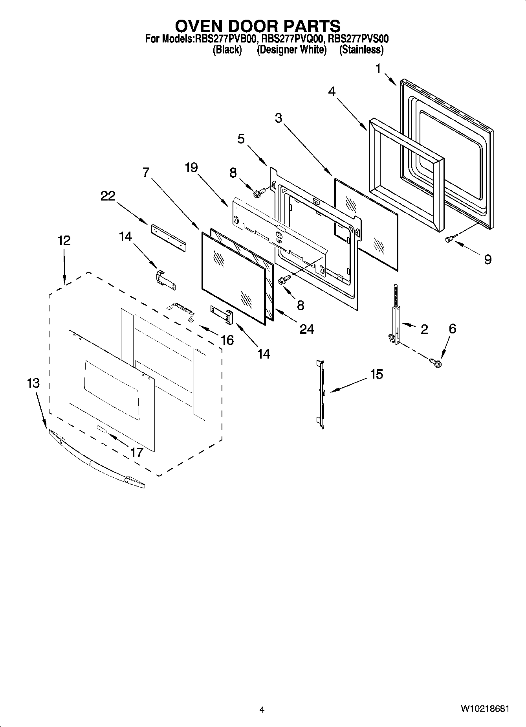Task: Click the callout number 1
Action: pos(378,69)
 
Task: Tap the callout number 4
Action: pos(332,92)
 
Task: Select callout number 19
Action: pos(191,168)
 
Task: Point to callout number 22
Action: pos(108,196)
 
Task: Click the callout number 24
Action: pos(307,329)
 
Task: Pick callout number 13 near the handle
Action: pos(34,383)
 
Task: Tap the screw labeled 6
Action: pos(436,361)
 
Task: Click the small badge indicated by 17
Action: pos(101,429)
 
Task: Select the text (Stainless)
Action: pos(361,50)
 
